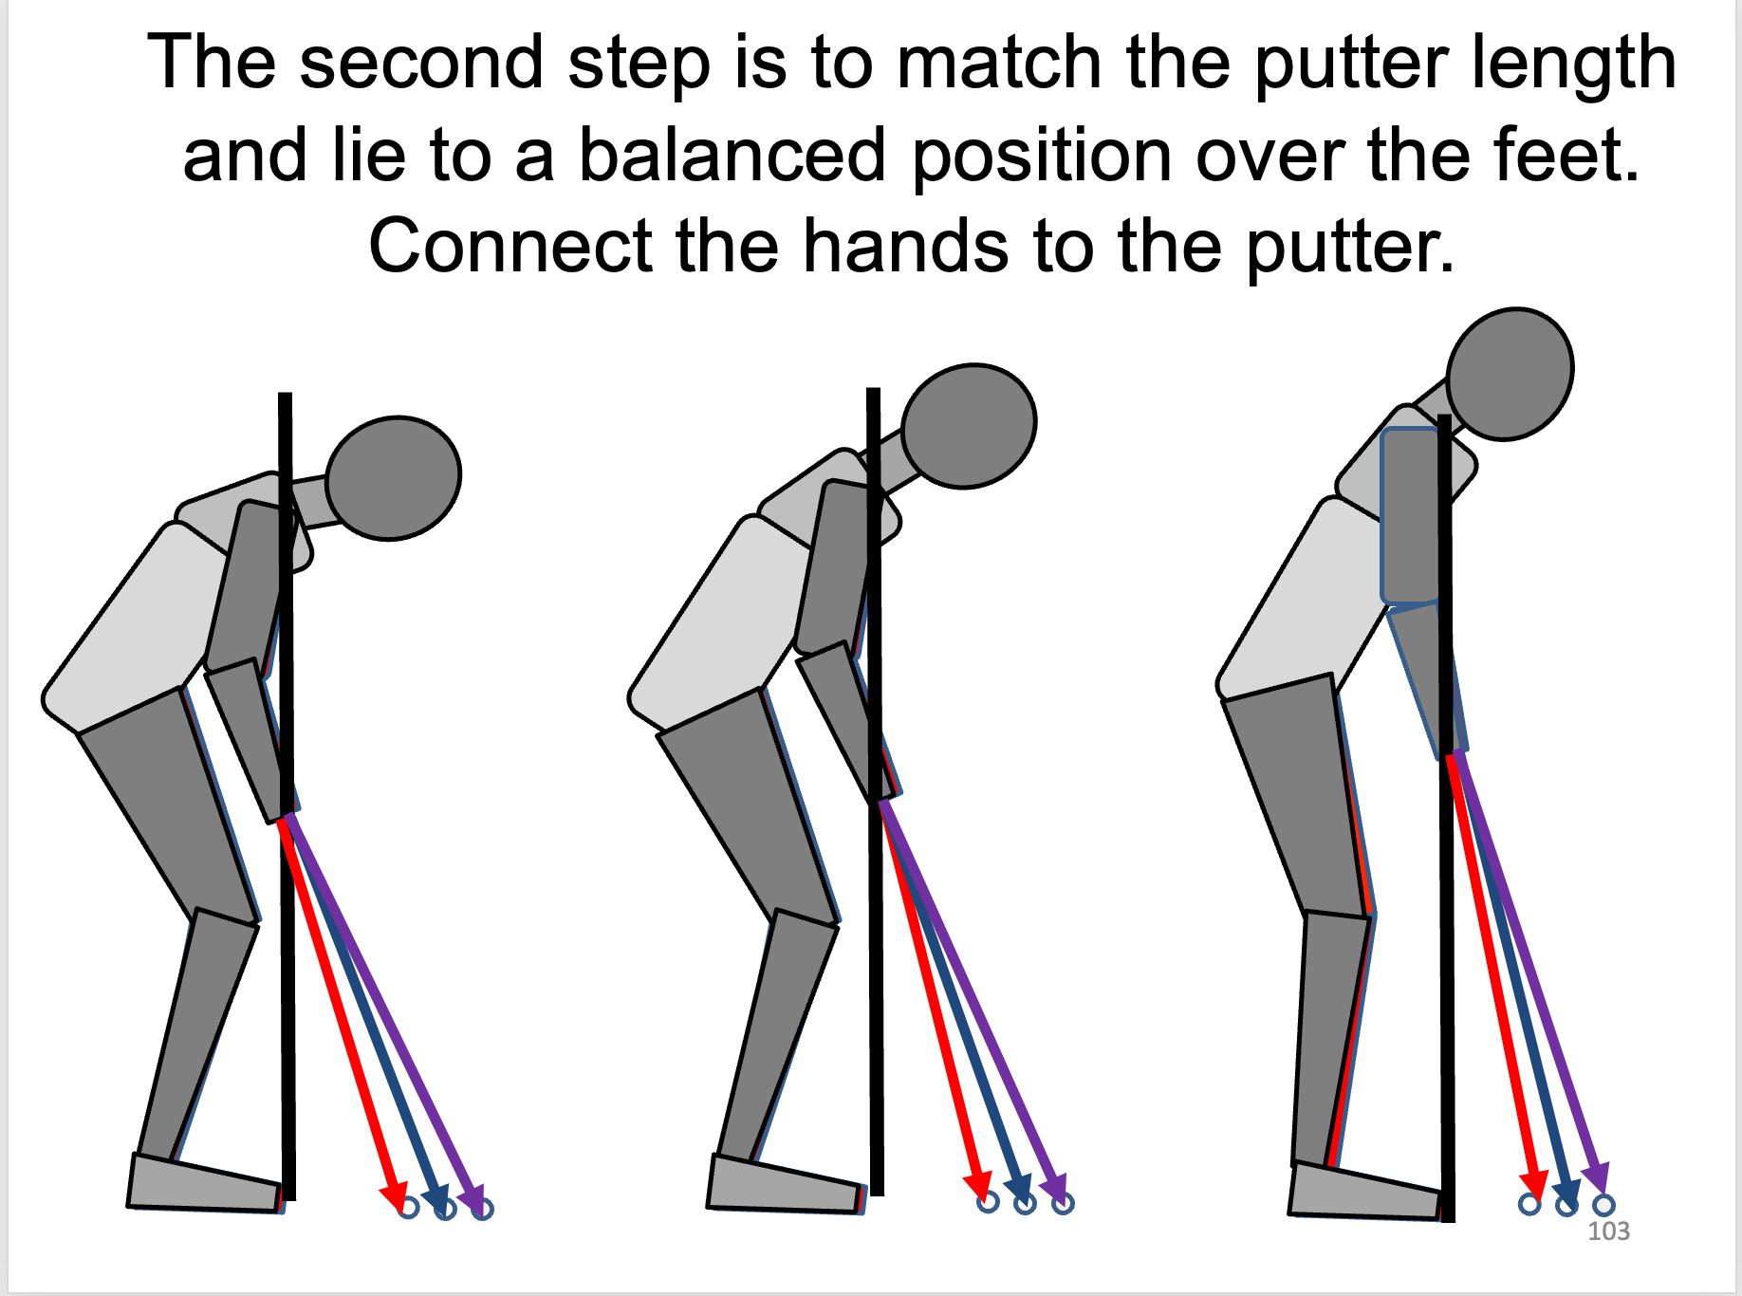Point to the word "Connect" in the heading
512,246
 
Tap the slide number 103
1609,1231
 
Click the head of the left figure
394,478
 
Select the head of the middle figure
969,426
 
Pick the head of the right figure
1510,374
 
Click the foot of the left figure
205,1183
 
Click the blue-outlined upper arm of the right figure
1411,515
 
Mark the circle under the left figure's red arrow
408,1208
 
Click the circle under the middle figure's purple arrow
1063,1203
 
